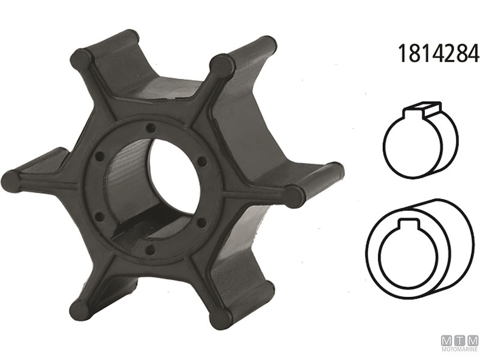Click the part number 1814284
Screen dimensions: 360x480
(437, 54)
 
